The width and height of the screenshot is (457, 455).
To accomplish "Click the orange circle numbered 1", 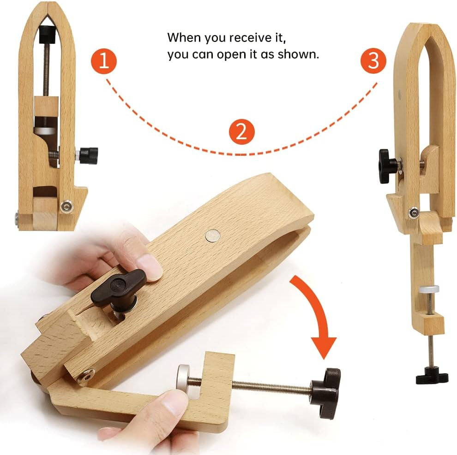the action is coord(104,61).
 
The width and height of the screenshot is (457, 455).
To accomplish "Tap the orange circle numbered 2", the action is coord(241,132).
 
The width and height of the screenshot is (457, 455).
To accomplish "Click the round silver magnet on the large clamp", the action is coord(212,236).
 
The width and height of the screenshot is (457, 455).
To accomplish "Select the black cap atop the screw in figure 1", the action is coord(47,34).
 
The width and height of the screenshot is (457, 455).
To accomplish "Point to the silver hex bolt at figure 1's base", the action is coord(66,207).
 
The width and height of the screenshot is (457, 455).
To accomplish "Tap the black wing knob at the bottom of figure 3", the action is coord(431,376).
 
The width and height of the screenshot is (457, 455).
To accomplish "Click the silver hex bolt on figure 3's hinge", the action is coord(413,213).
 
